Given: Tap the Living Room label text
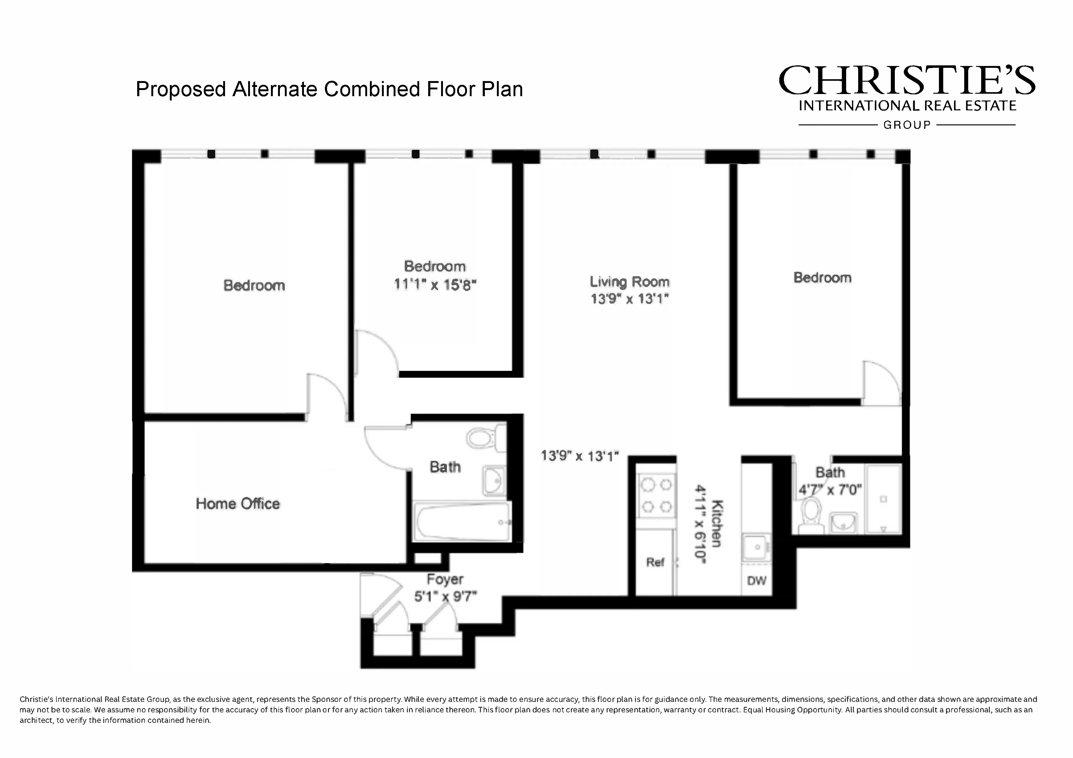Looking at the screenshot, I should coord(629,282).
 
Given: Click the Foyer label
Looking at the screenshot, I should coord(444,580).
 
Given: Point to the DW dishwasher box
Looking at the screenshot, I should coord(756,581).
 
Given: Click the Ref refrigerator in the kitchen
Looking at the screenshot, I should coord(655,562).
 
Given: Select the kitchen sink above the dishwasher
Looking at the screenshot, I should coord(756,547).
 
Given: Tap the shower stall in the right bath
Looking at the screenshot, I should coord(883,499).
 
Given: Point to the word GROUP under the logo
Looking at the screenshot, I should coord(907,125).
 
